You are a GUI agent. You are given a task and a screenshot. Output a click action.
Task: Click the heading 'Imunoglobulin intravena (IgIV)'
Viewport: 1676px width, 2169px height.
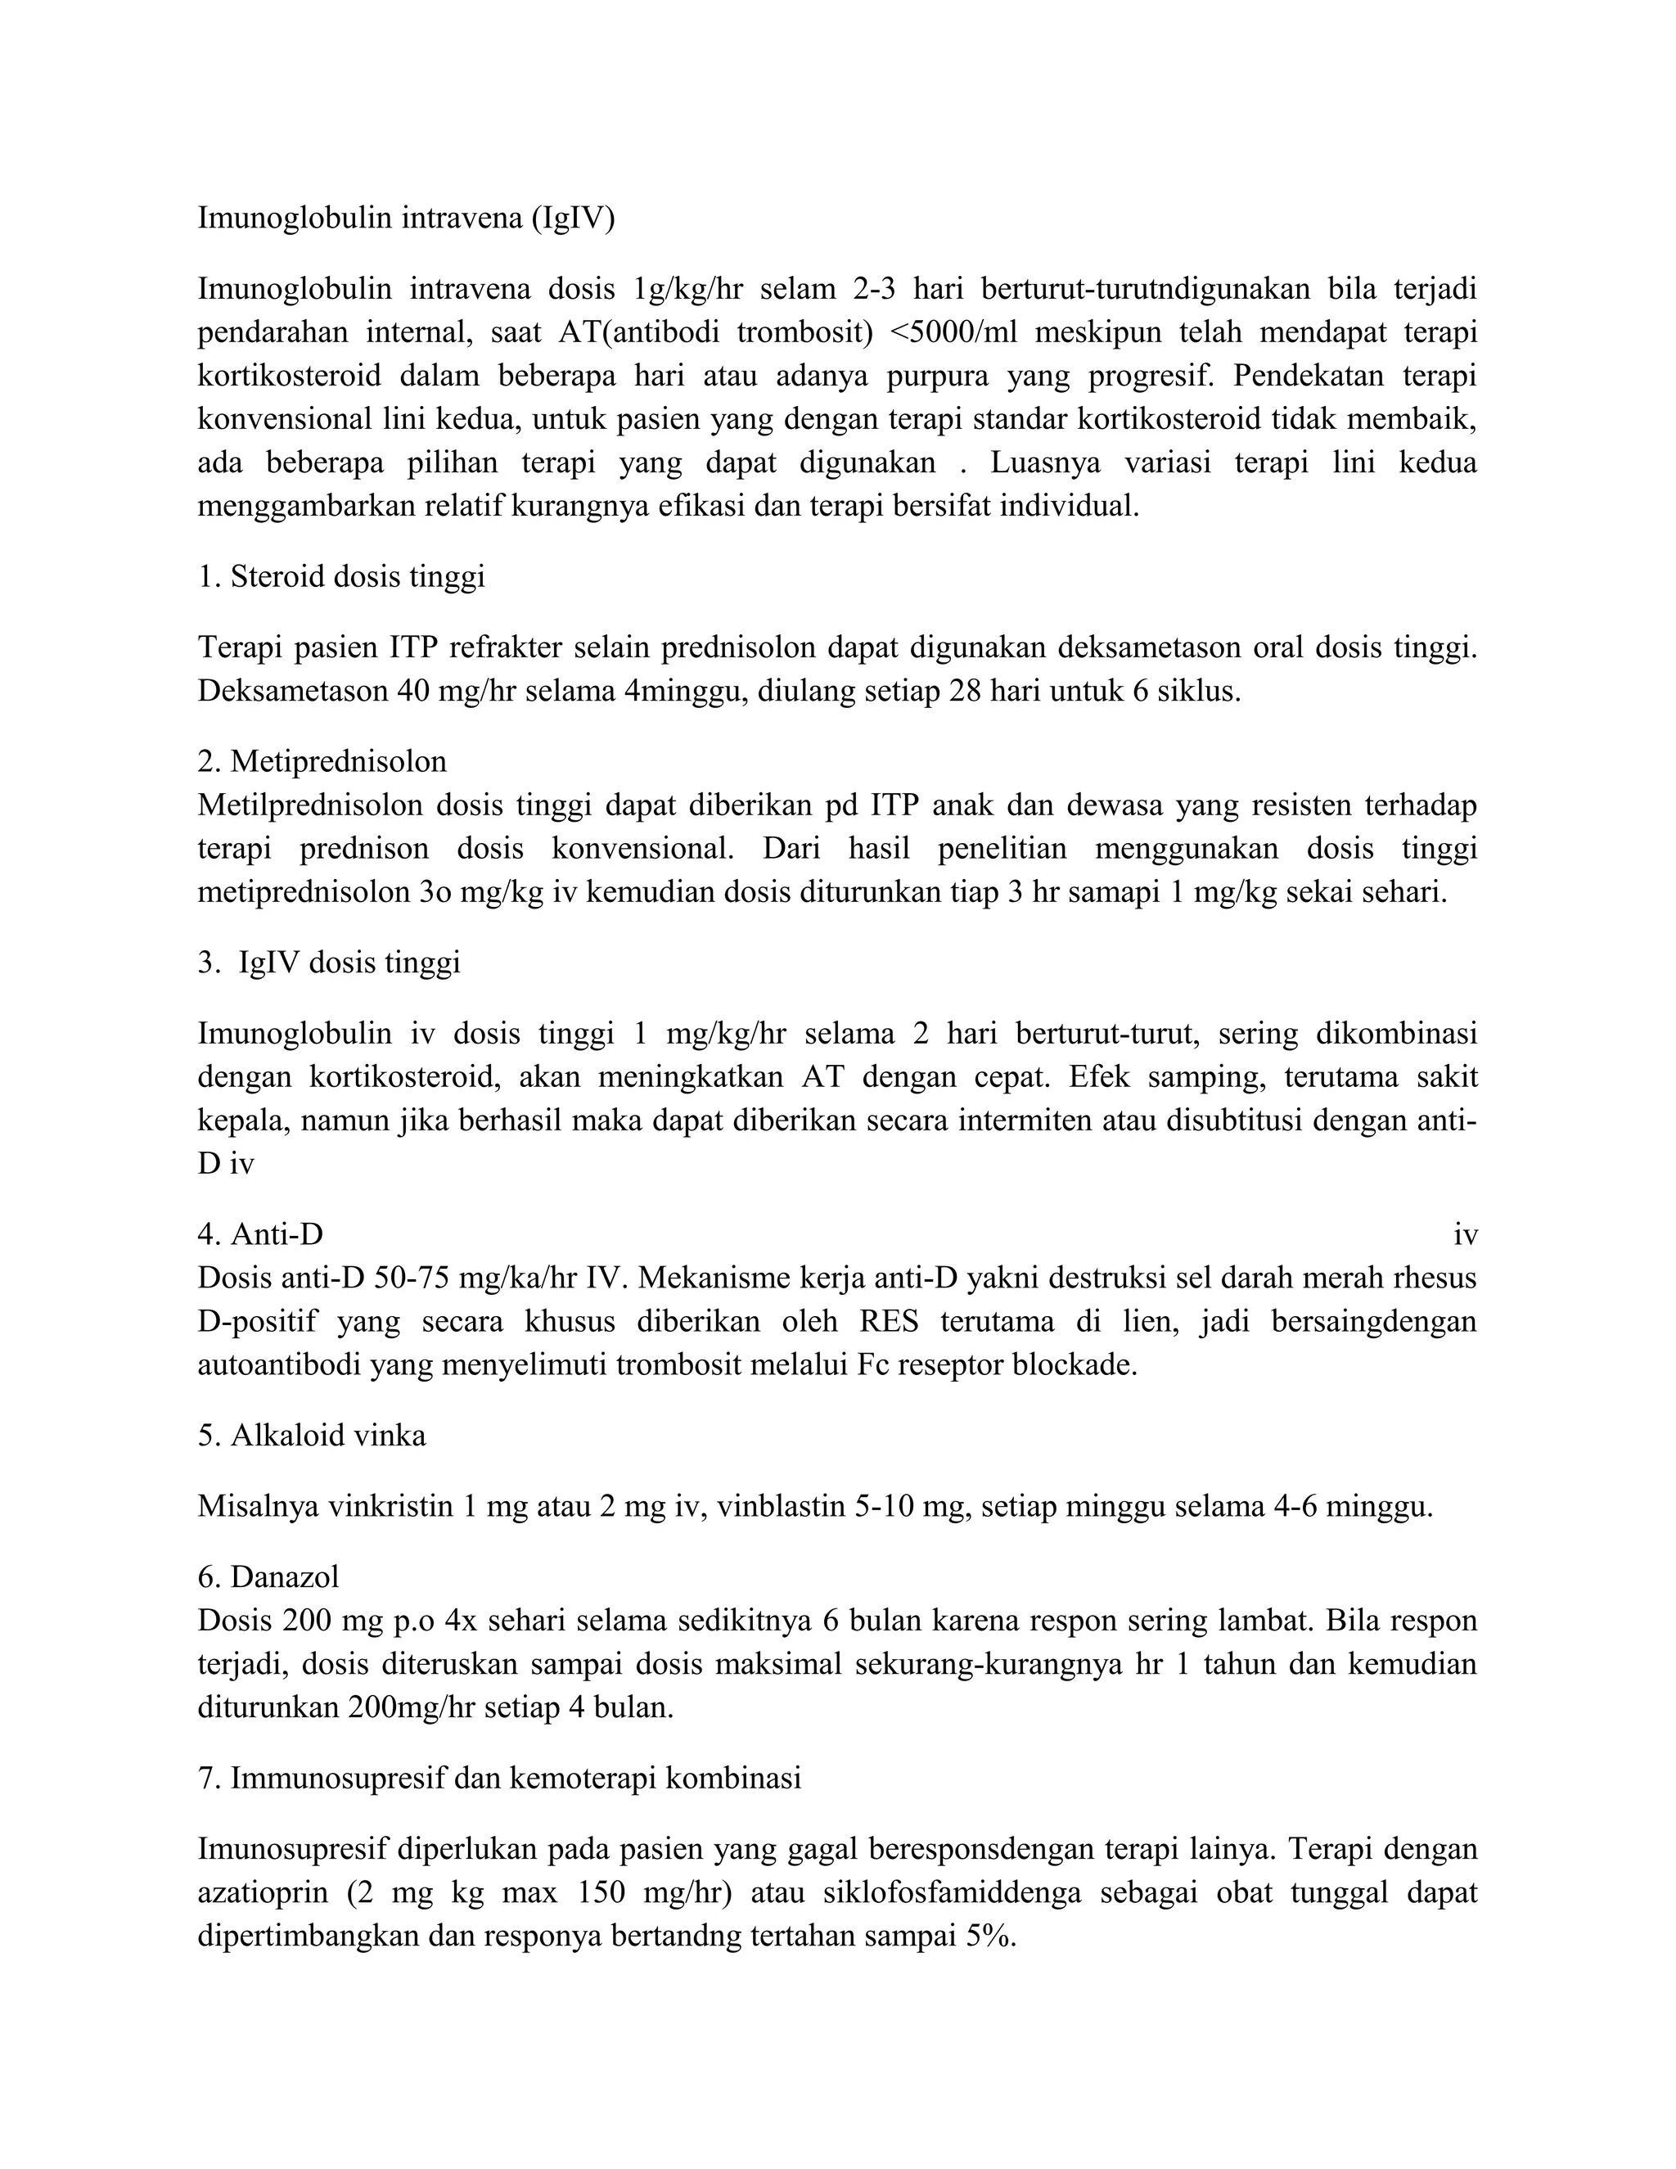[x=406, y=218]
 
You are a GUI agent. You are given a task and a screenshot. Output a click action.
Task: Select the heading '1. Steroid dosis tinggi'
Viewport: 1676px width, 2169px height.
[x=341, y=577]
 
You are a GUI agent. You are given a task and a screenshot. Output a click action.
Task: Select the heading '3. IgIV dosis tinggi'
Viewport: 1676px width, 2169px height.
[x=329, y=963]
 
